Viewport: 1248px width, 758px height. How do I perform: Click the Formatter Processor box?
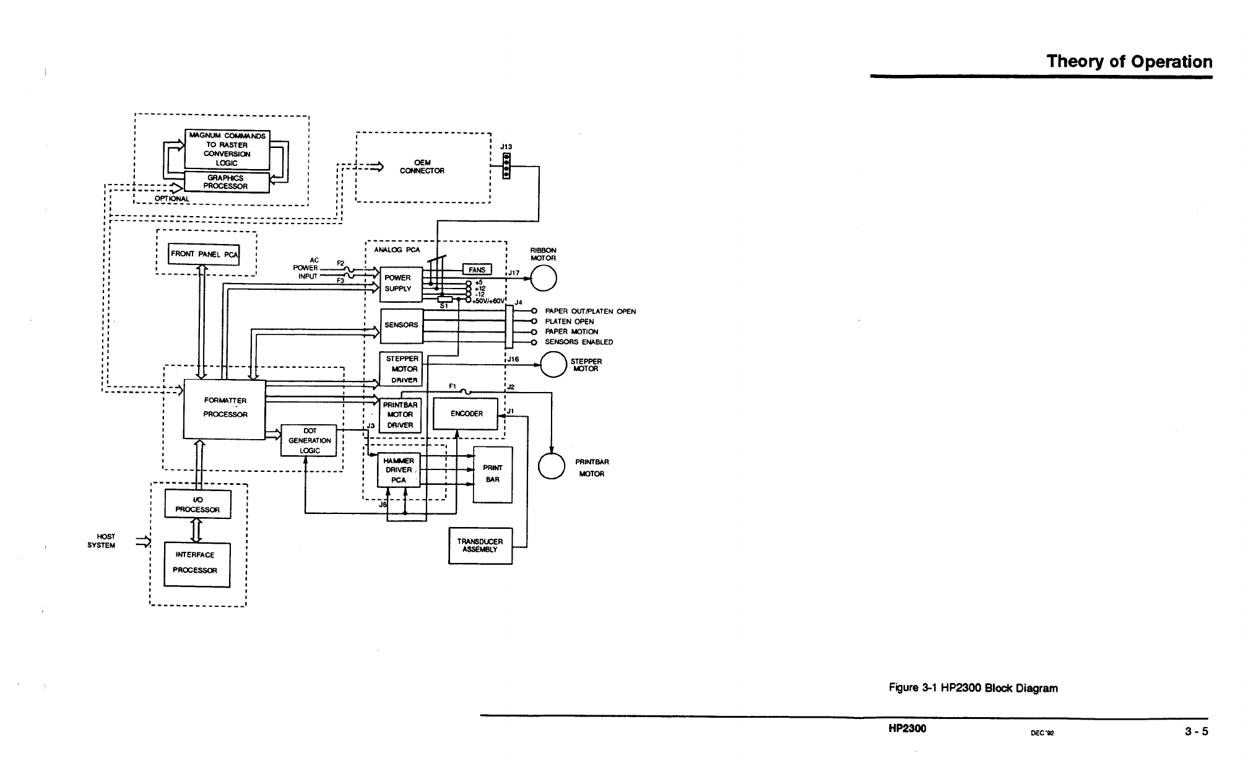225,409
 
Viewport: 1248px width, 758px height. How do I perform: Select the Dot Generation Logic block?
309,440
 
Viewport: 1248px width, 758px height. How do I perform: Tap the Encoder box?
466,414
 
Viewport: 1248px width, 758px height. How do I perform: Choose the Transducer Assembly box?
480,546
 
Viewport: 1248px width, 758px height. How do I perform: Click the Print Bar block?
493,474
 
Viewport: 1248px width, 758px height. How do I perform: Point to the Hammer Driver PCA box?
399,470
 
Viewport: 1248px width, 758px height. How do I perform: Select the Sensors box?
401,325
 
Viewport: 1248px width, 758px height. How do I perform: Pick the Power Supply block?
401,284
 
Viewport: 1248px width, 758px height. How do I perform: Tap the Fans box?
477,269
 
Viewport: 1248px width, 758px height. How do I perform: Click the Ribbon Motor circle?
544,278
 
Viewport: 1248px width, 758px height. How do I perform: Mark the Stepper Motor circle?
553,364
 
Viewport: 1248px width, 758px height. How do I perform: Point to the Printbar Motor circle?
551,466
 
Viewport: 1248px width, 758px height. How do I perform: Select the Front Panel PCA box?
204,254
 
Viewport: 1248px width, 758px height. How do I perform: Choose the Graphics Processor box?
227,182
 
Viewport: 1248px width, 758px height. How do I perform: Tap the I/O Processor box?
197,504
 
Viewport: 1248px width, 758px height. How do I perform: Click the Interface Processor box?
197,564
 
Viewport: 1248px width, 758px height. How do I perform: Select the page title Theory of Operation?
1129,62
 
